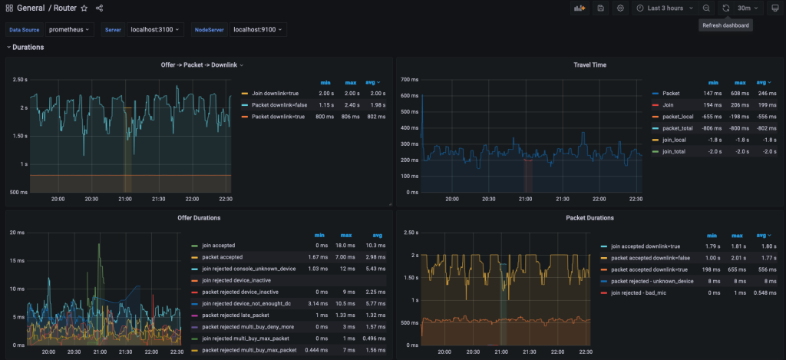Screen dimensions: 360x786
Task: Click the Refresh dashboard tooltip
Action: click(x=725, y=25)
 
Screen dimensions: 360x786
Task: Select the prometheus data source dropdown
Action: click(x=70, y=29)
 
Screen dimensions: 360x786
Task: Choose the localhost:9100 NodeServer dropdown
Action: click(x=259, y=29)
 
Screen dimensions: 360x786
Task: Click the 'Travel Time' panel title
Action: click(x=589, y=64)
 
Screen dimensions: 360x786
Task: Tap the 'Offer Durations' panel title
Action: click(x=200, y=218)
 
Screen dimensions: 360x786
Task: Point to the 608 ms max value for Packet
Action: click(x=740, y=93)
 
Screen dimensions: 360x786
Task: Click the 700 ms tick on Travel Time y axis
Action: click(x=408, y=79)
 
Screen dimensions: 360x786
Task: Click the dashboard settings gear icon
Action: click(x=620, y=8)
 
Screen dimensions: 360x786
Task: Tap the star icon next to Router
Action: click(x=84, y=8)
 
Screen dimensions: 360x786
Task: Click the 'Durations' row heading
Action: click(x=28, y=48)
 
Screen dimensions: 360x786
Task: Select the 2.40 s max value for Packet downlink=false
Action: click(x=348, y=104)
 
